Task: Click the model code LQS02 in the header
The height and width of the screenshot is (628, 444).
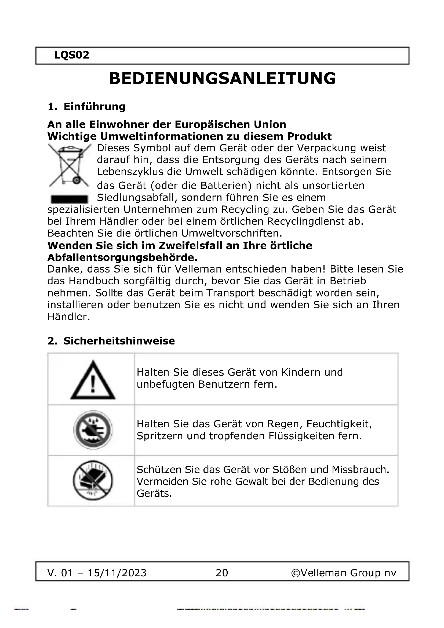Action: (x=72, y=55)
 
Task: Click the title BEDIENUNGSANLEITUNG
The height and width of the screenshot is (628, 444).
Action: (x=222, y=79)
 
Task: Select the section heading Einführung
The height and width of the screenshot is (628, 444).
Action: (x=94, y=106)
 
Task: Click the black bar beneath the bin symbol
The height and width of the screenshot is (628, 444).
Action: (x=69, y=199)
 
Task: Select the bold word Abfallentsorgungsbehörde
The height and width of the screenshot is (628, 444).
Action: (x=122, y=258)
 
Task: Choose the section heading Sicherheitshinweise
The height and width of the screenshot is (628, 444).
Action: (x=119, y=341)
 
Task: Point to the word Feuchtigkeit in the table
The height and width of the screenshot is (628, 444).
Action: (x=339, y=424)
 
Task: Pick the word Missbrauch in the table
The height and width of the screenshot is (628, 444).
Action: (x=360, y=470)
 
